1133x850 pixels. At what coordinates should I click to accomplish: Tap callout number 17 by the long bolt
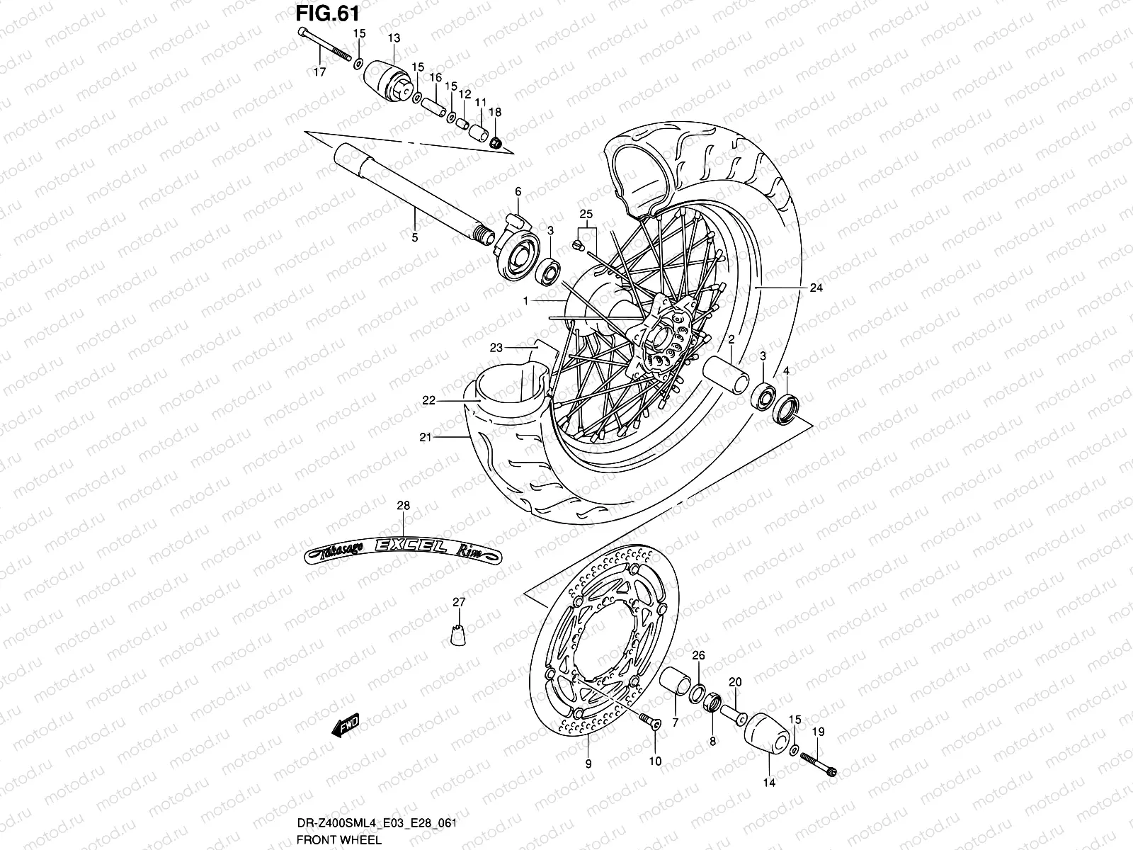[x=319, y=72]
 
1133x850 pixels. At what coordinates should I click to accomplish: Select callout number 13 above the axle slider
[x=394, y=38]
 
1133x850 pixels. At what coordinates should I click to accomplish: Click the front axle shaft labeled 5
[x=397, y=192]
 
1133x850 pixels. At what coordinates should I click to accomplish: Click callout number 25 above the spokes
[x=585, y=213]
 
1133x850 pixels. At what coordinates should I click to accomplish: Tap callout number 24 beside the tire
[x=816, y=288]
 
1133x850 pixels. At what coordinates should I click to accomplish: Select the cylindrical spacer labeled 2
[x=725, y=374]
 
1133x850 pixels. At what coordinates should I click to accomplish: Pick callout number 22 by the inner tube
[x=428, y=401]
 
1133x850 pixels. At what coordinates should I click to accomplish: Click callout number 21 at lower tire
[x=424, y=437]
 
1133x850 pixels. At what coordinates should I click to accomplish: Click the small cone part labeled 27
[x=459, y=635]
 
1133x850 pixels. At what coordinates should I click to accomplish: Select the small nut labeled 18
[x=497, y=142]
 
